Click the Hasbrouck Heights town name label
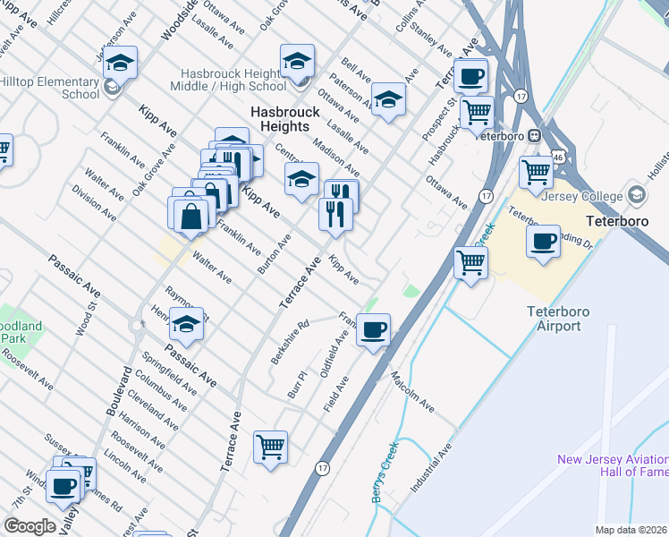click(284, 120)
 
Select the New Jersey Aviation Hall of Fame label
click(612, 465)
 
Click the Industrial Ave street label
click(431, 469)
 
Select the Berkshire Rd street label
click(290, 342)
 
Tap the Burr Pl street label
click(297, 386)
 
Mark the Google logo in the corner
click(30, 526)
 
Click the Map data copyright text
click(631, 530)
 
